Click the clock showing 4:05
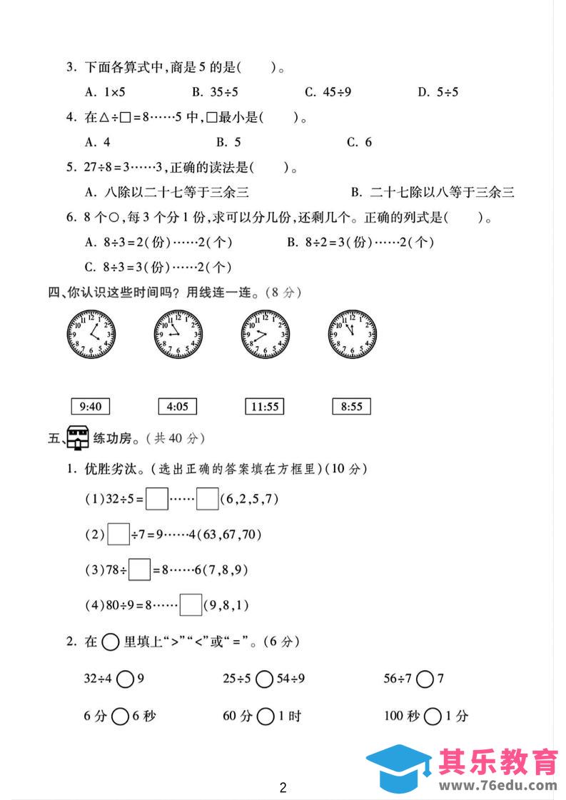tap(91, 333)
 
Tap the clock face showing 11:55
tap(352, 333)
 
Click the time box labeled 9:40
tap(91, 407)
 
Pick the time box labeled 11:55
tap(264, 407)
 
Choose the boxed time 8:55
tap(352, 407)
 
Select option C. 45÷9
tap(328, 91)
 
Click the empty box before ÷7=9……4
tap(118, 534)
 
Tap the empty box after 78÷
tap(140, 569)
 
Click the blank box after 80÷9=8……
tap(191, 605)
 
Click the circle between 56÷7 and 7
tap(425, 679)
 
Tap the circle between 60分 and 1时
tap(266, 716)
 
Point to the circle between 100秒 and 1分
tap(433, 716)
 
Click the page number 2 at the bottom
tap(283, 788)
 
